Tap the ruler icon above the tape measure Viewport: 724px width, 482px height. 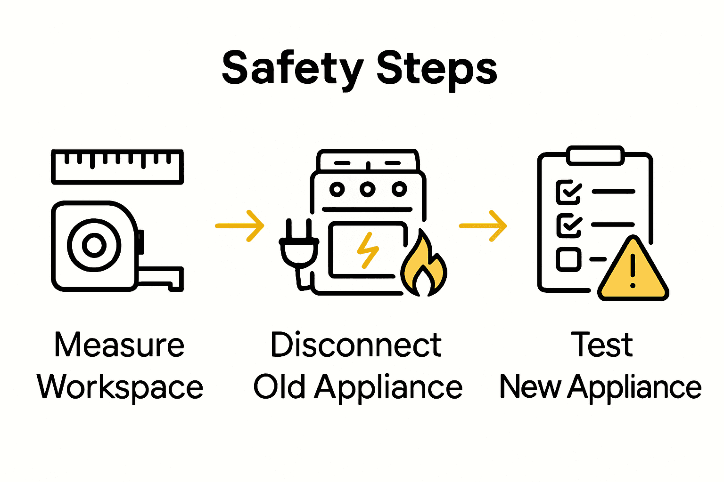(117, 166)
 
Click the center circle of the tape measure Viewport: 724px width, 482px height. (94, 245)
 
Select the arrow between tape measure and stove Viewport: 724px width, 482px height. (240, 226)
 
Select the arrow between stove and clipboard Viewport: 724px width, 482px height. (483, 226)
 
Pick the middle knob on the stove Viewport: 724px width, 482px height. (368, 189)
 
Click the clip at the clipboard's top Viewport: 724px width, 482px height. (595, 156)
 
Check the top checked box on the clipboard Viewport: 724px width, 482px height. (568, 192)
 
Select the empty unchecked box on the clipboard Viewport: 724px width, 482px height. (568, 259)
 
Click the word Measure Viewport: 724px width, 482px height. (119, 345)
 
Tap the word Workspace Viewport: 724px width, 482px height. (120, 387)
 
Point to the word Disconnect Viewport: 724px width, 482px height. (356, 345)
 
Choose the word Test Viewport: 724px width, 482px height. (601, 345)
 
